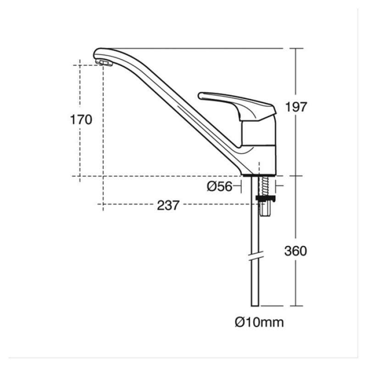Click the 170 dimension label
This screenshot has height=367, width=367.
click(x=81, y=120)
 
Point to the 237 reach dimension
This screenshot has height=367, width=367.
click(x=168, y=205)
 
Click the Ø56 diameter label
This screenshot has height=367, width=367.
click(x=218, y=186)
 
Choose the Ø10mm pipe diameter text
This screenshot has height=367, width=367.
click(x=259, y=322)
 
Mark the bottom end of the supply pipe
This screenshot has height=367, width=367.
click(x=255, y=305)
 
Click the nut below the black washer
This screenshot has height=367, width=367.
click(x=266, y=209)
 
